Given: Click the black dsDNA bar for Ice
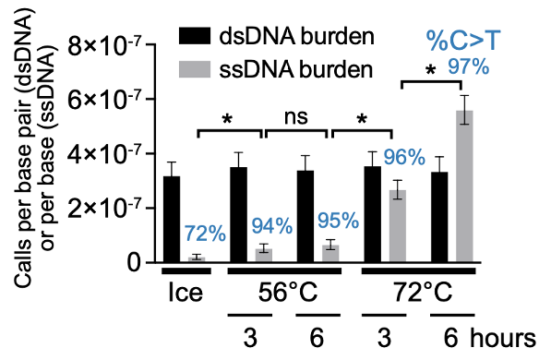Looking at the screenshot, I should click(x=172, y=220).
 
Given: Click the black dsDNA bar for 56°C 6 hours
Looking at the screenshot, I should click(x=306, y=217).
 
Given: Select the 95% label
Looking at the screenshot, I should click(x=340, y=222).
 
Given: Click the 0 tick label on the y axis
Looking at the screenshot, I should click(x=136, y=263).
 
